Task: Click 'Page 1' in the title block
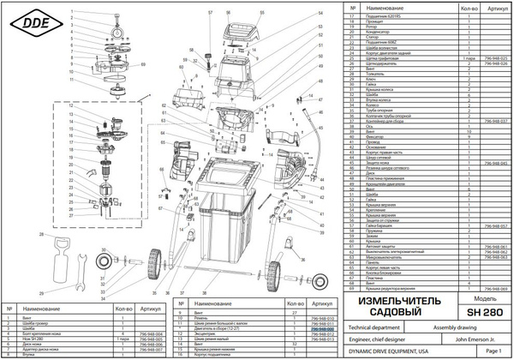[x=493, y=352]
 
